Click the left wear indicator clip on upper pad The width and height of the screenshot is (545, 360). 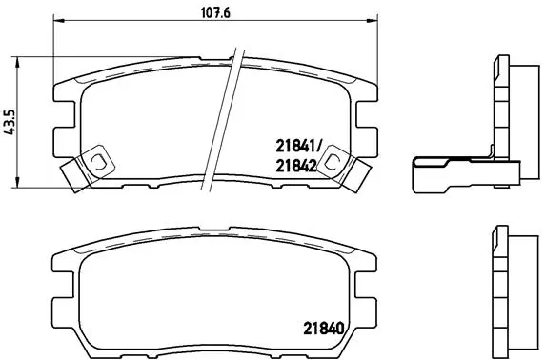82,168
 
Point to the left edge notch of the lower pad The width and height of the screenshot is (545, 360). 59,285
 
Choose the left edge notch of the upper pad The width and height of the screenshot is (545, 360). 59,119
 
